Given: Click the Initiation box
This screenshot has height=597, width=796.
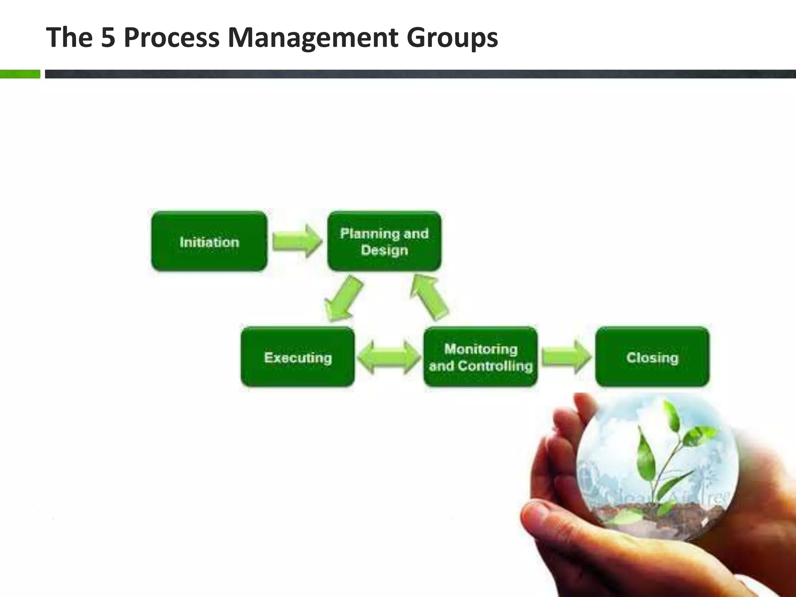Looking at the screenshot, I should pos(209,241).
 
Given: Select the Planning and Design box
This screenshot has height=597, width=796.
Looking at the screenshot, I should pos(384,241).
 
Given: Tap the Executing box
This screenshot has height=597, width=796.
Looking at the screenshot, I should pos(298,357).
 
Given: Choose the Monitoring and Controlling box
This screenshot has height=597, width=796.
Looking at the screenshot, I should pos(481,357).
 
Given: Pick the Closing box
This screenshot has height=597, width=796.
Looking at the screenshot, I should pos(652,357).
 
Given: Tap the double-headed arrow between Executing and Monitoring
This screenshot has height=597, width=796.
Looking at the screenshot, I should pos(389,357).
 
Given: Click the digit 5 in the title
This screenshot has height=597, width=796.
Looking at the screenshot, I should pos(108,38).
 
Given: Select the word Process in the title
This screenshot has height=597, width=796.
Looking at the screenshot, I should pos(171,38).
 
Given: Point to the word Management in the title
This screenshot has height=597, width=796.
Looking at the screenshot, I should pos(312,38).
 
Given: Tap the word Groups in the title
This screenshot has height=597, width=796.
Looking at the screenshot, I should pos(452,38).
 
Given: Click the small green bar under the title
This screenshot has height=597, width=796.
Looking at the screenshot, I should pos(20,74).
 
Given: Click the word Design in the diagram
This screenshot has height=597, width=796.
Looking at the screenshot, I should pos(384,250).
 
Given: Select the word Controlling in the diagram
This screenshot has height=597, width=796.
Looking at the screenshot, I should pos(495,366).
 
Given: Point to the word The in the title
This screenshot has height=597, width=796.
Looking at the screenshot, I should pos(69,38).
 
